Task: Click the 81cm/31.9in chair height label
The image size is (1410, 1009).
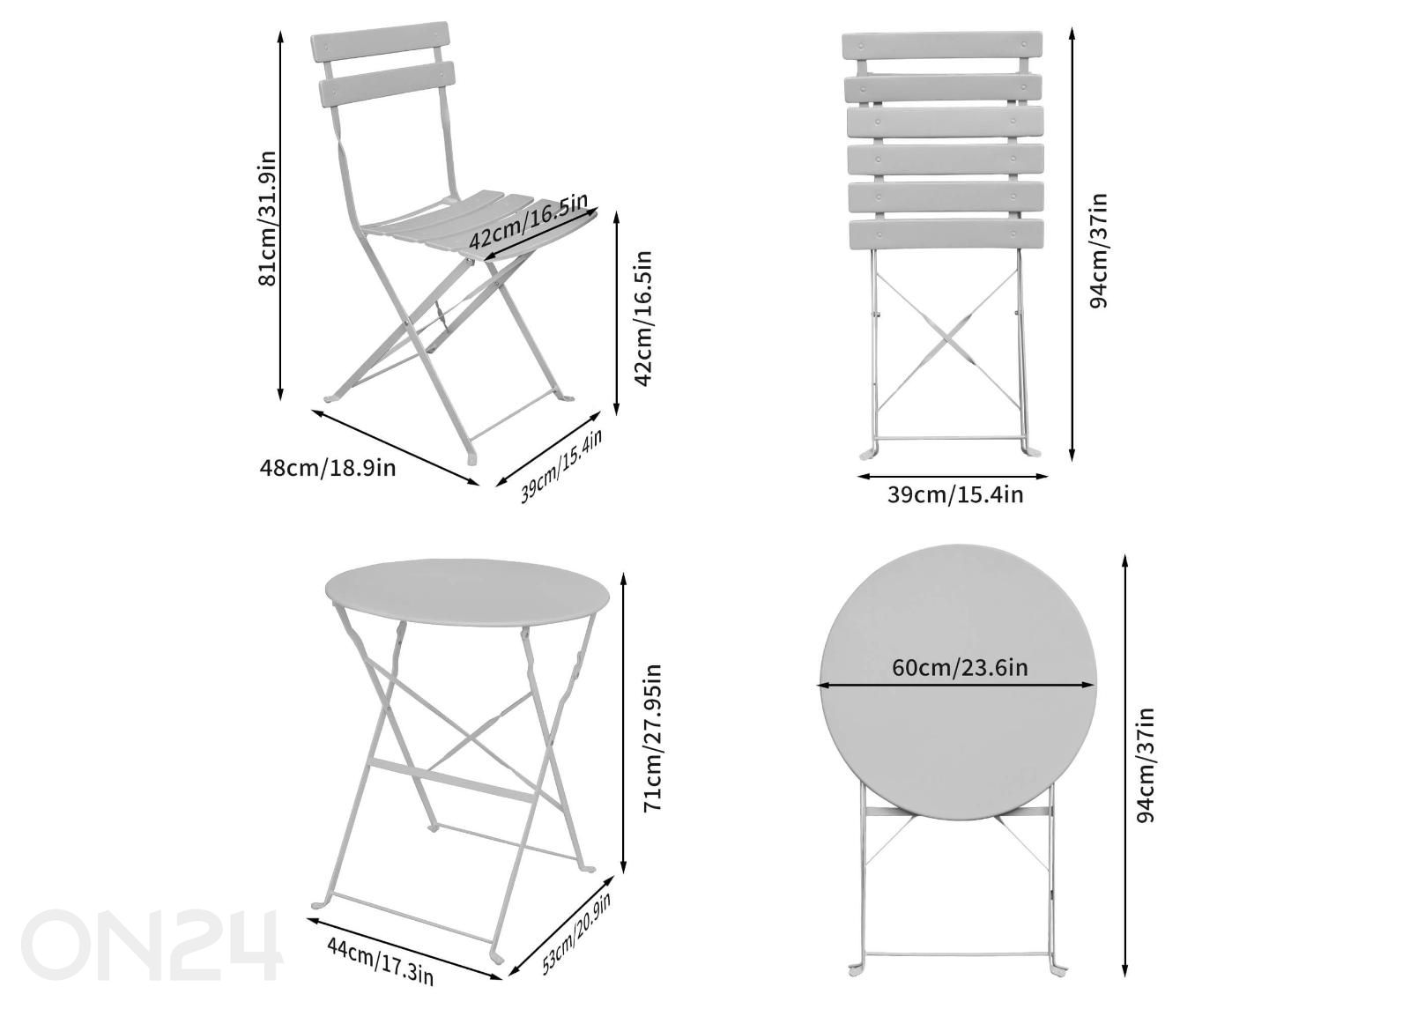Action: (x=267, y=219)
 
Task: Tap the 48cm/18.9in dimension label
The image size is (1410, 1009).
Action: (x=328, y=468)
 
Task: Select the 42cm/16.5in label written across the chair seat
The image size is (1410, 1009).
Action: (x=529, y=220)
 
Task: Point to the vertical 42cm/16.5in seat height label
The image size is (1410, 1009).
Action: (x=643, y=318)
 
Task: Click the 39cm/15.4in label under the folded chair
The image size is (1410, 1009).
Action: (x=955, y=494)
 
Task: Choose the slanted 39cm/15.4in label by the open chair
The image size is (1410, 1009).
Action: (x=560, y=465)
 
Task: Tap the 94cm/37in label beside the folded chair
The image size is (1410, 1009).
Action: (x=1098, y=250)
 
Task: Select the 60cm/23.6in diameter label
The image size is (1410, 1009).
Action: (x=960, y=667)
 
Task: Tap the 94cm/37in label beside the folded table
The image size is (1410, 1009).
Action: (x=1146, y=764)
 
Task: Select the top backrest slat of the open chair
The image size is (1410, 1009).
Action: (x=380, y=41)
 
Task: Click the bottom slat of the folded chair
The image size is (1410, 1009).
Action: (x=946, y=234)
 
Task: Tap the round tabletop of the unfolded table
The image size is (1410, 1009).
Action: (x=467, y=591)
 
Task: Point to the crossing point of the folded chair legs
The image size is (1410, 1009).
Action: (x=948, y=339)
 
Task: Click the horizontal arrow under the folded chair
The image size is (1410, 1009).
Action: (x=953, y=477)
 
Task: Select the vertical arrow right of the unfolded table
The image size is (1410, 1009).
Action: (x=624, y=722)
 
